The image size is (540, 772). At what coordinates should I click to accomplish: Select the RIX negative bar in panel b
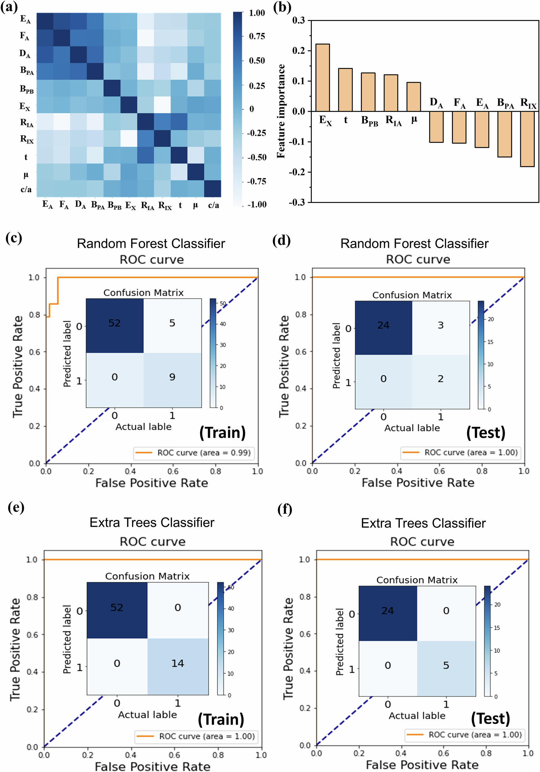coord(527,139)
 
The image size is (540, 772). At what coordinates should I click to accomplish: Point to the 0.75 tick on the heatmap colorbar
coord(257,36)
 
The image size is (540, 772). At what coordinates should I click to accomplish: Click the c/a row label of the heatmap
coord(26,189)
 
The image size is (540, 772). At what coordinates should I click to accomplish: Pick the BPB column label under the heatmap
coord(114,205)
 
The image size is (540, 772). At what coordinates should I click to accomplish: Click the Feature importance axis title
coord(281,111)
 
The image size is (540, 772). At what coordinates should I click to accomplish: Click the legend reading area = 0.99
coord(193,453)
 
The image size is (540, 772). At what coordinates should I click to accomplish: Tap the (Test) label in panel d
coord(486,432)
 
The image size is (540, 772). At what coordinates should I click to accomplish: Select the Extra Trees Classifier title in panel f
coord(423,523)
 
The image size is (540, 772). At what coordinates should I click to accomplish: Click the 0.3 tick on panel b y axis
coord(298,20)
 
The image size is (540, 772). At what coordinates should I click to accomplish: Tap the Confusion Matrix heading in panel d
coord(412,295)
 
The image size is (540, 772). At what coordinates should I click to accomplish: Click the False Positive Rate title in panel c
coord(152,483)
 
